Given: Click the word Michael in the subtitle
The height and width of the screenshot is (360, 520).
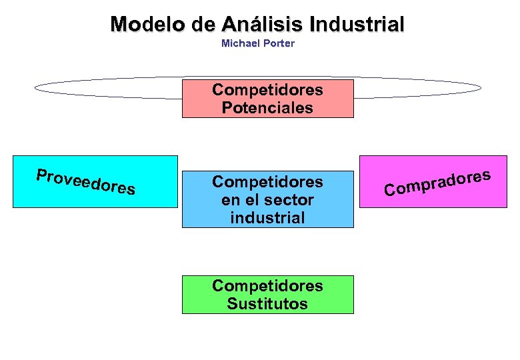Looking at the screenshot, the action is pos(240,43).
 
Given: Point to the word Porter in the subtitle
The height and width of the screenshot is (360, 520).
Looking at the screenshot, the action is pos(279,43).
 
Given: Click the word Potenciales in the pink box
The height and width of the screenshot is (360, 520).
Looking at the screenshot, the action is pos(267,108).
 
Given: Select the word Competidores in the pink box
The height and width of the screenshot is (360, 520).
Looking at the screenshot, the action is pos(267,90).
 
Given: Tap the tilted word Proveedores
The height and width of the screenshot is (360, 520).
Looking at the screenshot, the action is pos(86,182).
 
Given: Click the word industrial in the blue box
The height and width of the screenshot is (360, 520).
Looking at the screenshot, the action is pos(267,217).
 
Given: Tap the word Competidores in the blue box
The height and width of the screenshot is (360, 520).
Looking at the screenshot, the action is pos(267,181).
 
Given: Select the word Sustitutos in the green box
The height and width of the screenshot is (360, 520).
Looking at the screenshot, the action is pos(267,304).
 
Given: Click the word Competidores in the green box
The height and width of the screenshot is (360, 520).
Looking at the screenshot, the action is pos(267,286).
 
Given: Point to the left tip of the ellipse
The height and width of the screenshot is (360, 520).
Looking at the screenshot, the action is pos(35,88).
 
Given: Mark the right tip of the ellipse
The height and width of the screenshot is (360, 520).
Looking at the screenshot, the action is pos(481,88).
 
